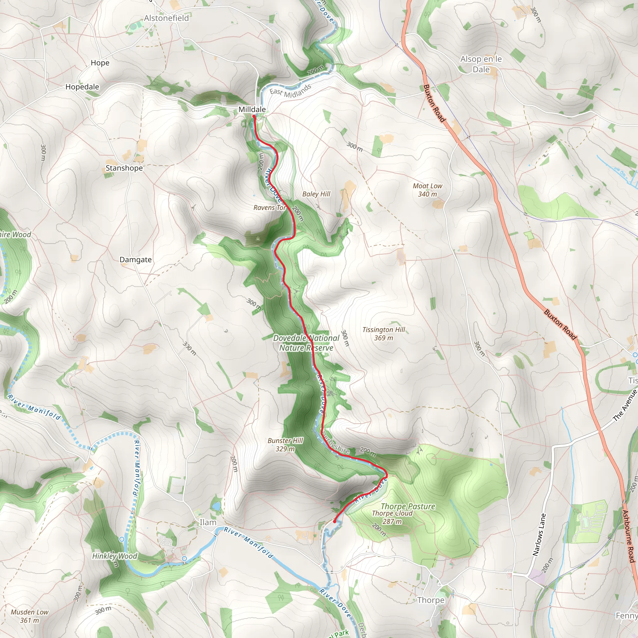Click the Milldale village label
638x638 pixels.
pyautogui.click(x=252, y=109)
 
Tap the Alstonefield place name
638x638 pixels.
pyautogui.click(x=166, y=18)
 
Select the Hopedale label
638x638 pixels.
pyautogui.click(x=82, y=87)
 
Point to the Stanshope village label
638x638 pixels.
pyautogui.click(x=124, y=168)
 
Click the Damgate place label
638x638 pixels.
pyautogui.click(x=136, y=259)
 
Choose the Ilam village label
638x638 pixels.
pyautogui.click(x=208, y=522)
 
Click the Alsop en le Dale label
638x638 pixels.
pyautogui.click(x=481, y=64)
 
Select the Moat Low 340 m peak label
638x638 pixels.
pyautogui.click(x=427, y=190)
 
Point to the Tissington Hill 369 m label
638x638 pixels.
pyautogui.click(x=383, y=334)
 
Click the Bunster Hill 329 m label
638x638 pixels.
pyautogui.click(x=285, y=445)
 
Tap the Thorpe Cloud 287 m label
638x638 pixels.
pyautogui.click(x=392, y=517)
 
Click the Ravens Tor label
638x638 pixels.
pyautogui.click(x=269, y=208)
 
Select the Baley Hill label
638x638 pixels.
pyautogui.click(x=316, y=194)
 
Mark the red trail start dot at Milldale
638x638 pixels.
pyautogui.click(x=254, y=117)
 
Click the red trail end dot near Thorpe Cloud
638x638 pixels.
pyautogui.click(x=335, y=522)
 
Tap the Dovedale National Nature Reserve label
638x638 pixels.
pyautogui.click(x=306, y=343)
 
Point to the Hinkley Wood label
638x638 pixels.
pyautogui.click(x=115, y=556)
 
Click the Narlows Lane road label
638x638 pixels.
pyautogui.click(x=539, y=535)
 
